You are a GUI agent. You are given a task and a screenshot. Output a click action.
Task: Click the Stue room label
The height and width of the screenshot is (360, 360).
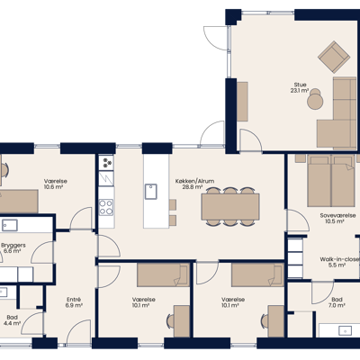coord(300,85)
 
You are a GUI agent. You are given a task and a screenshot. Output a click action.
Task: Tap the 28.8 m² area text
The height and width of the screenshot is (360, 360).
coord(193,187)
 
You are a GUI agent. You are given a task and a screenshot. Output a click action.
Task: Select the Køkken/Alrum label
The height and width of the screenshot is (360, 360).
coord(194,181)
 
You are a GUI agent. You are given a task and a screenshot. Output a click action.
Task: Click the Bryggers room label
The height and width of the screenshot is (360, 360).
coord(13,245)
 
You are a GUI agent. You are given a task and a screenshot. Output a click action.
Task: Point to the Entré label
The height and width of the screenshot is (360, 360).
coord(74,300)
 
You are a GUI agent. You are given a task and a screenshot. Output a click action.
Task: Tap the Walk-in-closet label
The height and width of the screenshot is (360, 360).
coord(339,259)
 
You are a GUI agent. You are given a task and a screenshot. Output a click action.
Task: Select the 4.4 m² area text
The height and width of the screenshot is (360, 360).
coord(13,323)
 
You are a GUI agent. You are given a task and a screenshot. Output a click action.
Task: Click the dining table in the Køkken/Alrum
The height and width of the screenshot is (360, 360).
coord(230,207)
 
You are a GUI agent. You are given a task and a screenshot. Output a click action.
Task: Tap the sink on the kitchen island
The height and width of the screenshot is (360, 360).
coord(151,192)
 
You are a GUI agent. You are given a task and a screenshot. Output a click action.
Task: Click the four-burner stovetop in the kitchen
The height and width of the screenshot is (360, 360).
coord(106,207)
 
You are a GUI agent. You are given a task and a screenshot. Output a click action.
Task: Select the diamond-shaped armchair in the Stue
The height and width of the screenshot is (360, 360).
coord(334,57)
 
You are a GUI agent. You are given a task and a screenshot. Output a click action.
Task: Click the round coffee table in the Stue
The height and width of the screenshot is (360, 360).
coord(315,102)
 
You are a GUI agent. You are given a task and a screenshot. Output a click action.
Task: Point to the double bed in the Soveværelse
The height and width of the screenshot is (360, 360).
coord(331,181)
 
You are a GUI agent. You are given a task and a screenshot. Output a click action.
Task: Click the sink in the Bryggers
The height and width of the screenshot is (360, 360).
coord(10,225)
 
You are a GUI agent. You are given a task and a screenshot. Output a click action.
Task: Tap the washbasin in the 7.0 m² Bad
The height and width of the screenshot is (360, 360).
coord(345,330)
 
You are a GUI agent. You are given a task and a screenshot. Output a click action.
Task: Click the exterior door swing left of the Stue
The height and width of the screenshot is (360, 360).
coord(217,38)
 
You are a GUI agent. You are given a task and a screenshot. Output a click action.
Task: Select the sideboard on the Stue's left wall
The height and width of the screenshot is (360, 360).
coord(242,102)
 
